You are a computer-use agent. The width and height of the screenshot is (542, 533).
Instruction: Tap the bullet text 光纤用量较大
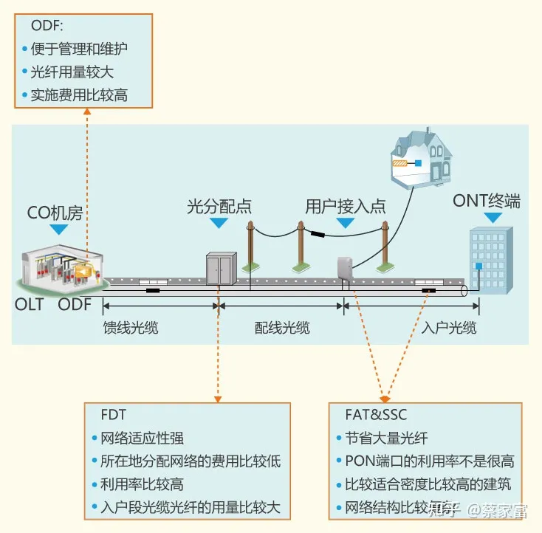click(72, 72)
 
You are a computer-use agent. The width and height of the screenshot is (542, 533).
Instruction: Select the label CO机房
click(55, 213)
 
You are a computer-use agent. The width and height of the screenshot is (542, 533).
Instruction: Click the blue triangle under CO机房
click(58, 230)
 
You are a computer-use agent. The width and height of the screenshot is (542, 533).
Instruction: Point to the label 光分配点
click(219, 207)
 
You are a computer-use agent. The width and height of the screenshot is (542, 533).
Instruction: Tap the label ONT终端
click(487, 200)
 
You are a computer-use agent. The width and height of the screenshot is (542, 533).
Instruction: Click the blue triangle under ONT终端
click(493, 218)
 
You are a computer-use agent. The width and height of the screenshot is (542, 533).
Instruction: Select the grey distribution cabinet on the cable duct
click(221, 268)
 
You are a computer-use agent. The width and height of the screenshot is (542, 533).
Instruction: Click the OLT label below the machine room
click(30, 304)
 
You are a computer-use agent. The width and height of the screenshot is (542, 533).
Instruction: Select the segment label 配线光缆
click(282, 328)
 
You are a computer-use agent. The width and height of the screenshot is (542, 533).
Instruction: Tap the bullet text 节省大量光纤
click(386, 438)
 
